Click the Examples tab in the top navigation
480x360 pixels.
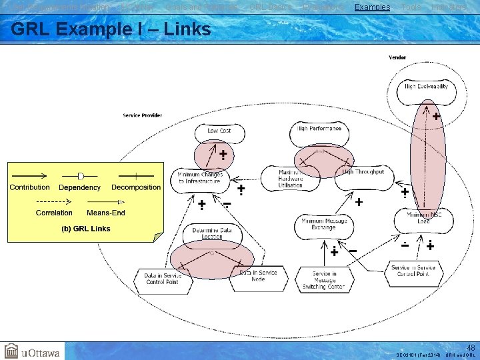click(372, 7)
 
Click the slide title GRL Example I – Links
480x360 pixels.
click(111, 29)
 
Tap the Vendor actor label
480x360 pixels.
click(397, 57)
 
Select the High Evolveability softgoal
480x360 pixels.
click(426, 87)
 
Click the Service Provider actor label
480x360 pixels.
click(142, 115)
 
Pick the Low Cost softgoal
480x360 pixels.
click(219, 131)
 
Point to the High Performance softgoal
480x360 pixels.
click(319, 128)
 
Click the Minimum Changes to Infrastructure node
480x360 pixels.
click(200, 177)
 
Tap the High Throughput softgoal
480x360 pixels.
click(363, 172)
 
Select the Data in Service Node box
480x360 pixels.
click(258, 276)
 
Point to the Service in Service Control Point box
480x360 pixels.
click(414, 271)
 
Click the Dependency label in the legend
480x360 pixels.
click(81, 187)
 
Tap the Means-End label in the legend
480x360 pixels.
click(106, 213)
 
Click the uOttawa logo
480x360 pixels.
click(31, 351)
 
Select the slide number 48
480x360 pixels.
click(471, 347)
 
